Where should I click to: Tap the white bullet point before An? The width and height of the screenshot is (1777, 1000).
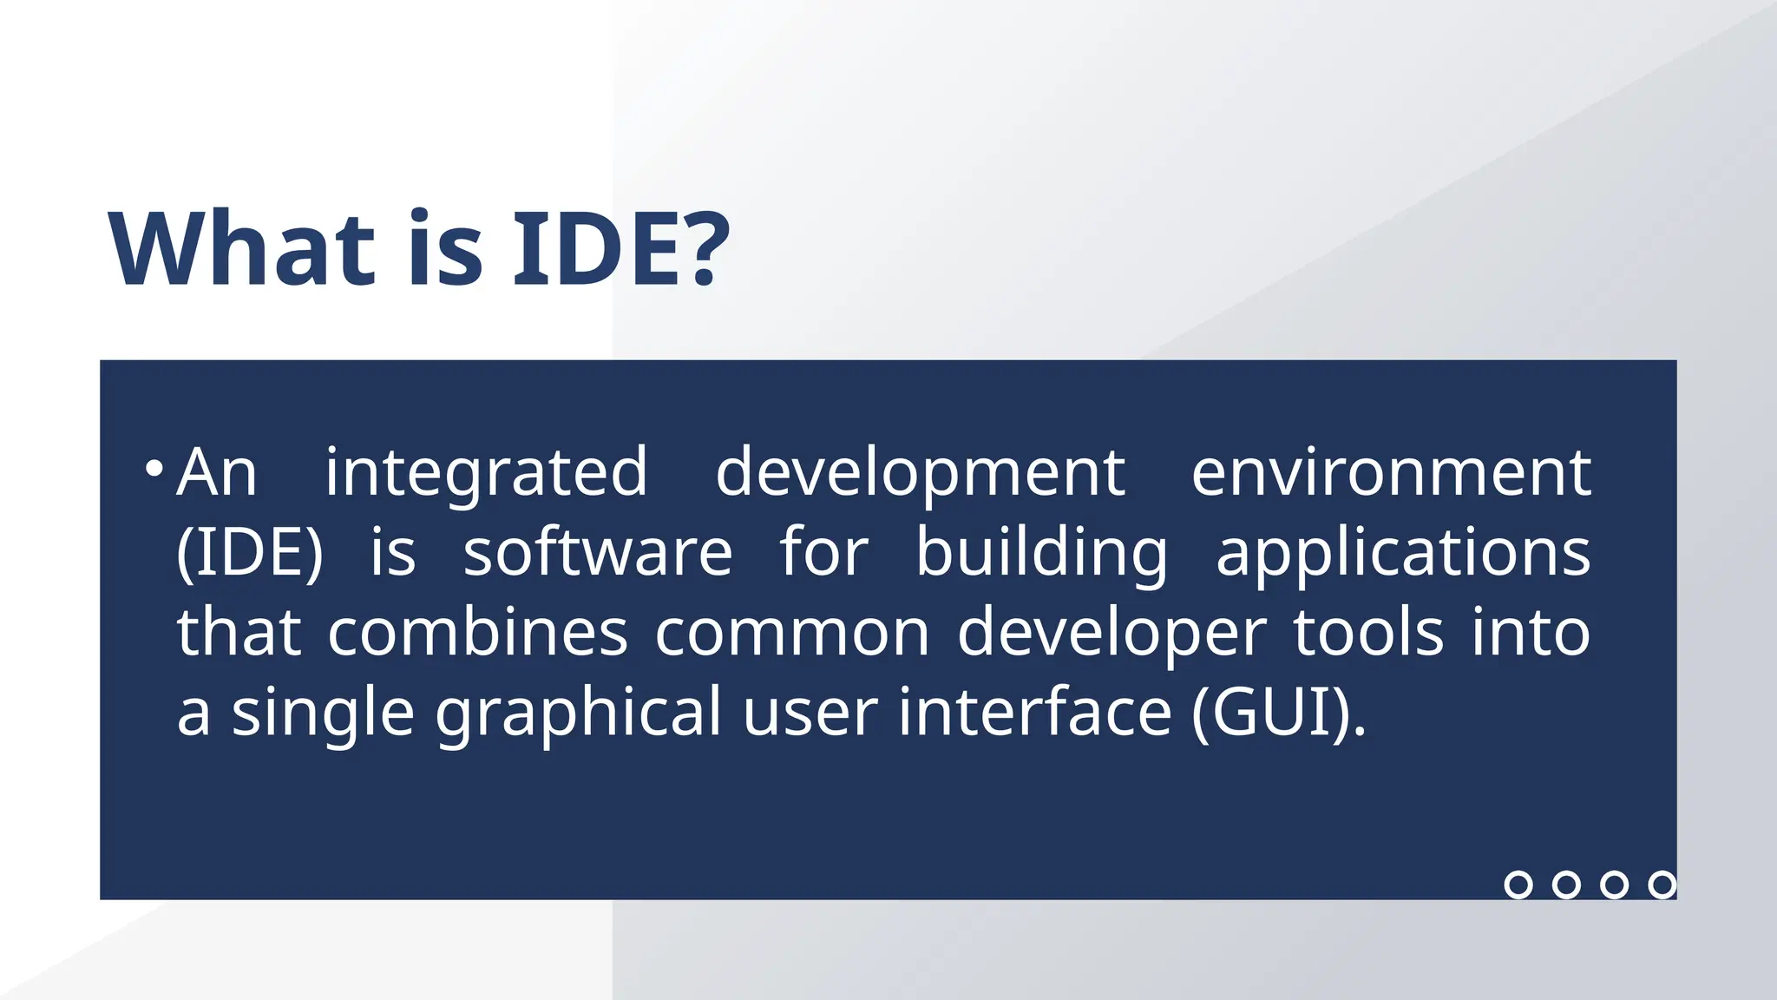coord(154,470)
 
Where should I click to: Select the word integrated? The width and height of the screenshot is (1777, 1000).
coord(486,473)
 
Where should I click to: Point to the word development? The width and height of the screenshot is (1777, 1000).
coord(920,473)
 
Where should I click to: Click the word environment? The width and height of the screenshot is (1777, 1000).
coord(1391,473)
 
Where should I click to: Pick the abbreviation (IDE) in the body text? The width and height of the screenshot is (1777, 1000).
coord(249,553)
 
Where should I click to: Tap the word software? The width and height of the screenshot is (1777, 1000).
coord(598,553)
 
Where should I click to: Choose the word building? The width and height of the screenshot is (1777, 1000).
coord(1041,553)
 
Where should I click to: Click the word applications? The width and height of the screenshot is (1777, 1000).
coord(1403,553)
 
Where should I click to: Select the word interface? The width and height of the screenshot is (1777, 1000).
coord(1034,712)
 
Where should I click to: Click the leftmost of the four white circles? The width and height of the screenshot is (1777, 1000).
coord(1518,885)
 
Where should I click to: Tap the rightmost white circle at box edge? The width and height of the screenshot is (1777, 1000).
coord(1662,885)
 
